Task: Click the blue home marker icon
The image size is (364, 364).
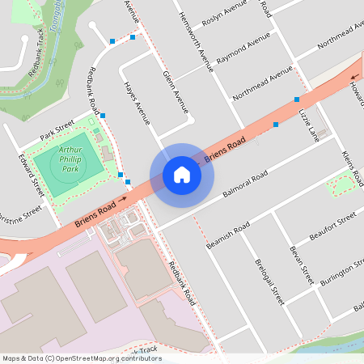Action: [182, 174]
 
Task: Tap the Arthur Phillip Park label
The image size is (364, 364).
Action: [80, 154]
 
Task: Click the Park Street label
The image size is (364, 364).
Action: [57, 129]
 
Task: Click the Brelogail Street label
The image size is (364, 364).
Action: [269, 279]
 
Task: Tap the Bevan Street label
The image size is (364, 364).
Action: [302, 265]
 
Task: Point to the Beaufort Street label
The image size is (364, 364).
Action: [332, 227]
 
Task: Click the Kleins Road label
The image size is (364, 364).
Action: [349, 166]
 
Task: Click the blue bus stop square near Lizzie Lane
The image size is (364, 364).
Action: [297, 99]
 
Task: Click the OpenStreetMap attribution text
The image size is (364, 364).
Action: [81, 358]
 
